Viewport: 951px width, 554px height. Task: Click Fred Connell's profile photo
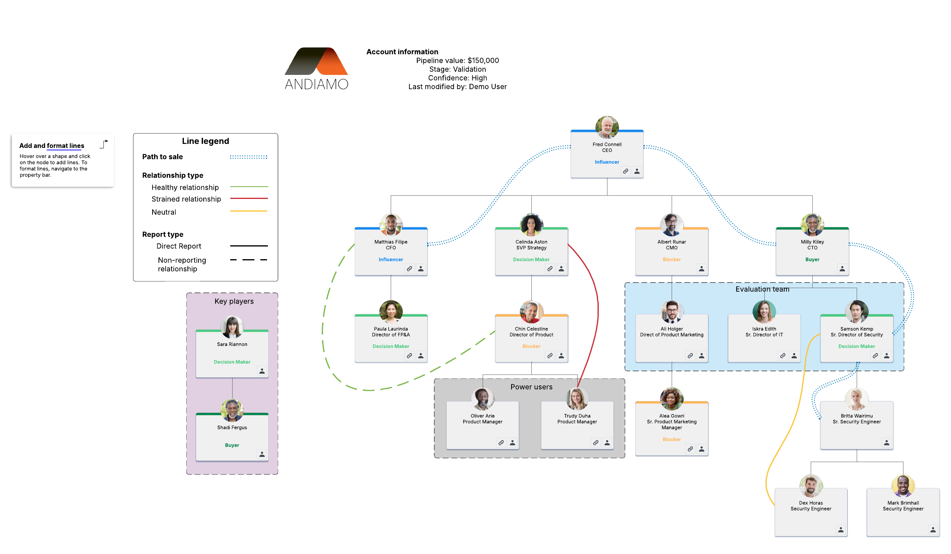(607, 127)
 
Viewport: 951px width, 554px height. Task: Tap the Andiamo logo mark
(316, 61)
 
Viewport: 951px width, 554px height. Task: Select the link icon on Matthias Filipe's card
(409, 269)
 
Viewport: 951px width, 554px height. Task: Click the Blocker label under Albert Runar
(672, 260)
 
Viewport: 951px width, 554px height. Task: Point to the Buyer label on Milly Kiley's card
(812, 260)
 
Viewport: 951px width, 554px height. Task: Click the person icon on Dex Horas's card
(840, 530)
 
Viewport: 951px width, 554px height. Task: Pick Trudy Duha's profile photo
(577, 399)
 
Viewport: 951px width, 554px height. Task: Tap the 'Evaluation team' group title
(762, 289)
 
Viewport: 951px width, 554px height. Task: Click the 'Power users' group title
(531, 387)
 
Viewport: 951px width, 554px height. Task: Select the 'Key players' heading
(234, 301)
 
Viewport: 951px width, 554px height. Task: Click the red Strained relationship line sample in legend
(249, 199)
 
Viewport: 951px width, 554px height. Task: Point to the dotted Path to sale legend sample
(248, 157)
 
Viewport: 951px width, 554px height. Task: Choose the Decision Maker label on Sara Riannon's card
(232, 362)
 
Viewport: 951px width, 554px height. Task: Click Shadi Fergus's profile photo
(232, 410)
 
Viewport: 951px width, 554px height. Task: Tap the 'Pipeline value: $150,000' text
(457, 61)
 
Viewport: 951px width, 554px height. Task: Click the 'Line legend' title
(205, 141)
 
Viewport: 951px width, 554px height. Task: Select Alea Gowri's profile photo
(672, 399)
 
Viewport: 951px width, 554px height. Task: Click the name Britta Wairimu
(856, 416)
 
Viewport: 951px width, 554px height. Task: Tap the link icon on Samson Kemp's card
(875, 356)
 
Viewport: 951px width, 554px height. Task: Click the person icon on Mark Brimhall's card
(933, 530)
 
